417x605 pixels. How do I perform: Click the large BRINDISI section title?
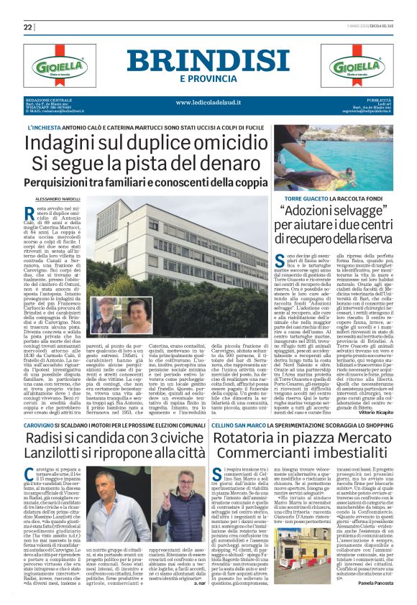click(x=208, y=61)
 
